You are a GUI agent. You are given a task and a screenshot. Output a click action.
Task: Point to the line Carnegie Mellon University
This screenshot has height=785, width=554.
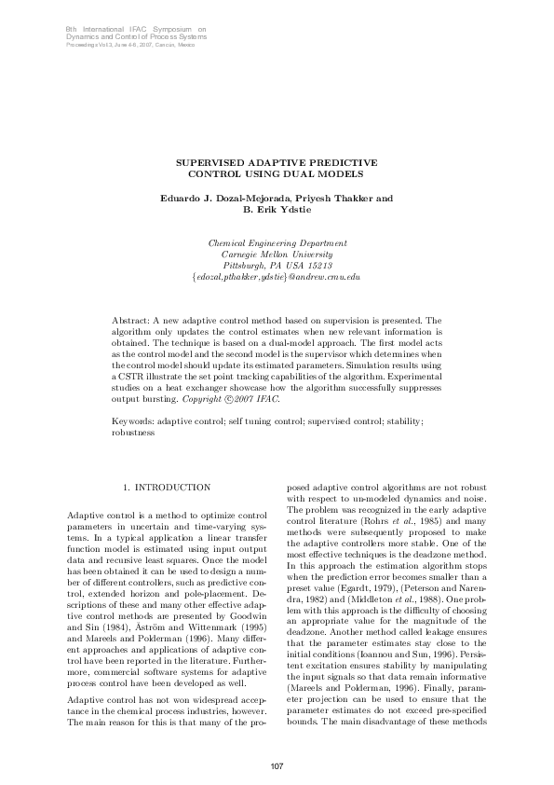[x=277, y=253]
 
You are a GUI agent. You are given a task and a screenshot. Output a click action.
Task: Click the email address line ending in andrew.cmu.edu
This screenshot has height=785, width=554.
[x=277, y=277]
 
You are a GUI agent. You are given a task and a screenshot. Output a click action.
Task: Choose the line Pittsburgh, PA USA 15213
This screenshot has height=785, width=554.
[x=277, y=265]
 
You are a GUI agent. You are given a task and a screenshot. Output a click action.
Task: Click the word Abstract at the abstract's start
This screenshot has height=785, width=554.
[x=130, y=320]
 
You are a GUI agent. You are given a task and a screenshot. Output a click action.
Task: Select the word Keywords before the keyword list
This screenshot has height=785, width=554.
[x=133, y=421]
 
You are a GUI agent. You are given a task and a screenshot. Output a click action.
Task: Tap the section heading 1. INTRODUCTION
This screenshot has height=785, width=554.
[x=167, y=487]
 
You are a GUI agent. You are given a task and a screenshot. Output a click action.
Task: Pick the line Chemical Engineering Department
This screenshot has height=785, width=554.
[x=277, y=241]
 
